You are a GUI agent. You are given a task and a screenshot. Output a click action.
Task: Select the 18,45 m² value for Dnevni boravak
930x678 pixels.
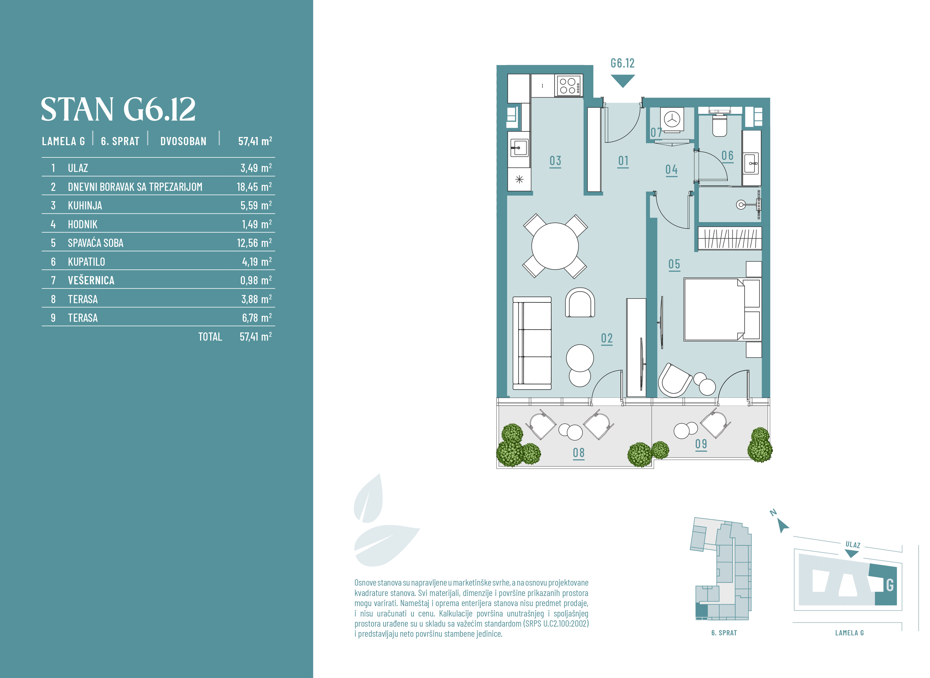pos(254,186)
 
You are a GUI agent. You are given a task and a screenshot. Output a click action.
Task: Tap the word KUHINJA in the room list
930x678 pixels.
pos(85,206)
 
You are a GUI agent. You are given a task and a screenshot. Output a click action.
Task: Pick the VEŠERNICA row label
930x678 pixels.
pos(91,280)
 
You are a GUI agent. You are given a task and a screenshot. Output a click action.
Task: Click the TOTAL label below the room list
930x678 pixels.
pos(210,337)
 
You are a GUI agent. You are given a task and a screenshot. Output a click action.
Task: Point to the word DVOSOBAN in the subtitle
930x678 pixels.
pos(183,141)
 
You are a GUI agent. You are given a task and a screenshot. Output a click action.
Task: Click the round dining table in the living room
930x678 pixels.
pos(555,246)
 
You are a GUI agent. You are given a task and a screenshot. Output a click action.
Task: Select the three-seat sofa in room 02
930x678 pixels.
pos(532,343)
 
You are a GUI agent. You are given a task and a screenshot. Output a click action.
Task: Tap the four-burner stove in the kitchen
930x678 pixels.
pos(568,85)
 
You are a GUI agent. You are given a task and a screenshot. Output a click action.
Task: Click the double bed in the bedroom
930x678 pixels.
pos(722,309)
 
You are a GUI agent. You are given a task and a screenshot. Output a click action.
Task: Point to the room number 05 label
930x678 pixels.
pos(674,264)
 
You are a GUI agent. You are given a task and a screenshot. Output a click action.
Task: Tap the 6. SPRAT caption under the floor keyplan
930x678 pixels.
pos(724,633)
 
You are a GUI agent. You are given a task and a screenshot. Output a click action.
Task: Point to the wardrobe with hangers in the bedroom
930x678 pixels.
pos(730,238)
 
